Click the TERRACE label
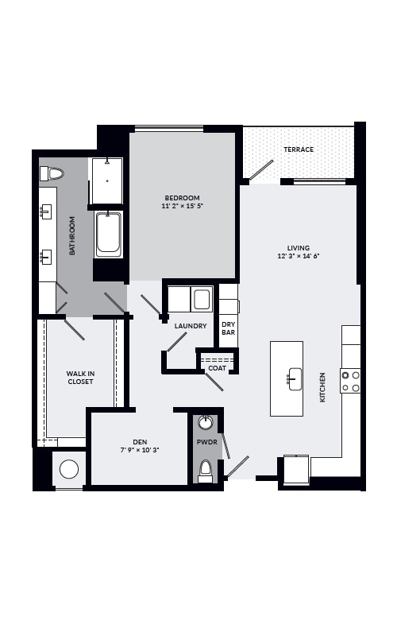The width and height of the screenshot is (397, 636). click(299, 149)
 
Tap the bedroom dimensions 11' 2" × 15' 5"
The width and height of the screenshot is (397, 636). click(183, 206)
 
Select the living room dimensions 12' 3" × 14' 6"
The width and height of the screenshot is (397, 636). click(299, 256)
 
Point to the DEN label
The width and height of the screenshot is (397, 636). click(140, 442)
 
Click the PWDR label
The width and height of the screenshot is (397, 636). click(207, 442)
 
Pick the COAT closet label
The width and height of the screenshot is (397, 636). click(217, 368)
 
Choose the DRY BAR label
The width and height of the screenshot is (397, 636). click(229, 328)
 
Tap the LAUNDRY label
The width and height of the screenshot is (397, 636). click(191, 326)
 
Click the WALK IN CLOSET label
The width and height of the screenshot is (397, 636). click(81, 378)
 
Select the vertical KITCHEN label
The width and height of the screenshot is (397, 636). click(322, 387)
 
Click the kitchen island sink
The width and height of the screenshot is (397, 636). click(295, 379)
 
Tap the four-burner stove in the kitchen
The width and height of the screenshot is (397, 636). click(350, 382)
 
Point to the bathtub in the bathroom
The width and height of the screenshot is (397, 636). click(108, 234)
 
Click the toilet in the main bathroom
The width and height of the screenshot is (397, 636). click(52, 173)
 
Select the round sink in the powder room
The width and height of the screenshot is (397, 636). click(206, 423)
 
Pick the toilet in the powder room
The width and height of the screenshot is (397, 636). click(206, 471)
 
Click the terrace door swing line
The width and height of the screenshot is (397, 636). click(261, 169)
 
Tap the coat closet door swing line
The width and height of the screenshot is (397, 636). click(214, 382)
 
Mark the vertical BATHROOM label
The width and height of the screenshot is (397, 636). click(72, 235)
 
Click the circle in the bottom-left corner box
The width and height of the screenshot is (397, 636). click(69, 469)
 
